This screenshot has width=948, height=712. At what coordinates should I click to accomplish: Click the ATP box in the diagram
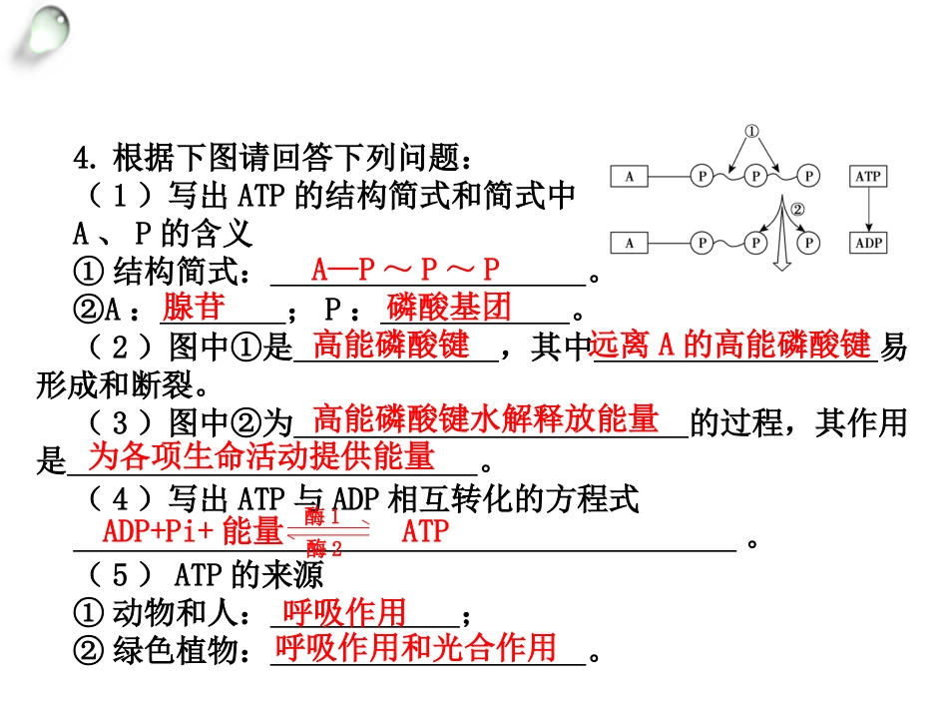868,176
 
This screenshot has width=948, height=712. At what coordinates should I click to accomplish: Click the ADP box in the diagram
868,243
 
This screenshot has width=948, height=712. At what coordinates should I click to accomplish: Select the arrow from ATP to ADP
868,210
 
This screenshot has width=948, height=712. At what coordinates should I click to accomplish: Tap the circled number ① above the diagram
750,131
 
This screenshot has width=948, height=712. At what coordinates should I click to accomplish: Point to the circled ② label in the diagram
798,210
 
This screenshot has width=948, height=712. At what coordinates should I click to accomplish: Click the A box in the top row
629,176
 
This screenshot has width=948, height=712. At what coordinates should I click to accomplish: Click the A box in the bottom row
629,243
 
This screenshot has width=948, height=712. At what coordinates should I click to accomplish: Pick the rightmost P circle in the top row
808,176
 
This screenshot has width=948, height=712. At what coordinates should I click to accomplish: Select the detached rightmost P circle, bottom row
808,243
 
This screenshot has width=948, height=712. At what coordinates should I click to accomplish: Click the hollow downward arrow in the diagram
782,233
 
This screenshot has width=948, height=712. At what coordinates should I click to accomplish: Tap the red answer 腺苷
194,307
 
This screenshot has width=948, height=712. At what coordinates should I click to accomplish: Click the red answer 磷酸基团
449,307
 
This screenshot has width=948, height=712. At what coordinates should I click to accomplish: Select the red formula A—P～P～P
405,269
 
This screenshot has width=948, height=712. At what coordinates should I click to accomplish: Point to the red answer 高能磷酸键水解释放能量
486,418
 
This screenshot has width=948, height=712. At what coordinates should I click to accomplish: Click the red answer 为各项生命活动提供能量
261,455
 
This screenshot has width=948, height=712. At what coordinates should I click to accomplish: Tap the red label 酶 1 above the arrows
322,516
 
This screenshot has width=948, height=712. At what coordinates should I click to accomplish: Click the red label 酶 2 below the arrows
324,548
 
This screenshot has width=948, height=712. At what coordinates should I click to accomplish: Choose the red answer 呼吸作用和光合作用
415,647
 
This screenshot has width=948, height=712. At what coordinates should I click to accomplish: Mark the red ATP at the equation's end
426,531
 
